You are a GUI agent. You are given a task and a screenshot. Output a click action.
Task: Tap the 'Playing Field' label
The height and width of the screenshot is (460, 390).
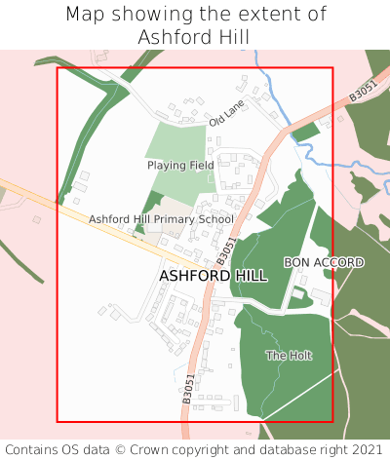(180, 166)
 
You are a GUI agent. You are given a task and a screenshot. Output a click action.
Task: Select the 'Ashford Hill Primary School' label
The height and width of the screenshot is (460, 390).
(161, 219)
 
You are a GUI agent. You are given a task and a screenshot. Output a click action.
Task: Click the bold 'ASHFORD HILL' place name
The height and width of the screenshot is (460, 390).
(212, 277)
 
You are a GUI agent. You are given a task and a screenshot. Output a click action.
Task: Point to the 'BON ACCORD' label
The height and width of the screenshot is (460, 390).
(324, 263)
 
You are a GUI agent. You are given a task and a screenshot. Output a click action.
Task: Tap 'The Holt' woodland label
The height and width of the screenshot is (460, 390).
(289, 356)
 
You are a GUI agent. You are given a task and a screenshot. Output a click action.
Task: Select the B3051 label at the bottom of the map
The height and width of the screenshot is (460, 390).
(188, 388)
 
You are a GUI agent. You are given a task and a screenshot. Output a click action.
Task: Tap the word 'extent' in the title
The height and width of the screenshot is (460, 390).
(260, 15)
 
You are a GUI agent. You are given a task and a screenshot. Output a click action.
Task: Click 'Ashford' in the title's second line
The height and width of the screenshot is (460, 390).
(173, 37)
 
